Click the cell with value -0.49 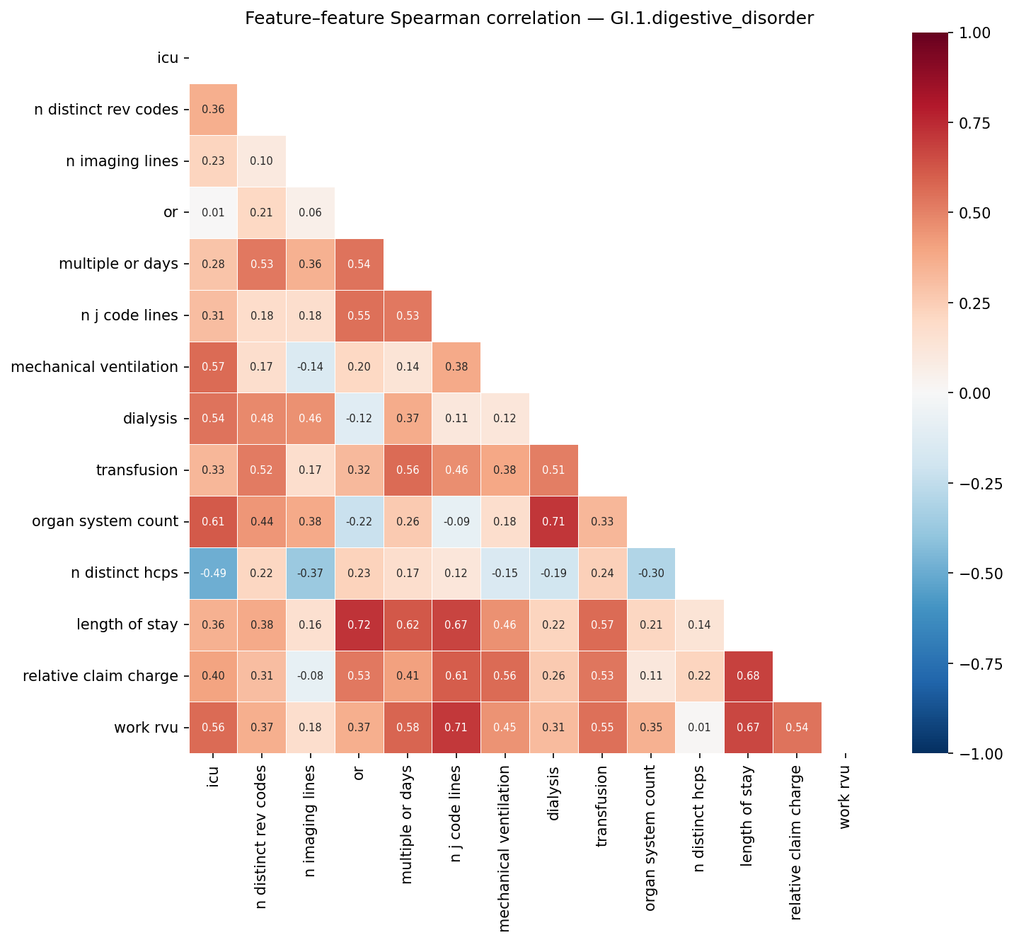213,574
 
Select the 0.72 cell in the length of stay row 359,625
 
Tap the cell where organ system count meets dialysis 554,522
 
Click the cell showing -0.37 310,574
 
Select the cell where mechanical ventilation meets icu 213,367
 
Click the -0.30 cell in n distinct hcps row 651,574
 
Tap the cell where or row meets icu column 213,212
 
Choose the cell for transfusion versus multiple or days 408,470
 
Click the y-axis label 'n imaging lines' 122,161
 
